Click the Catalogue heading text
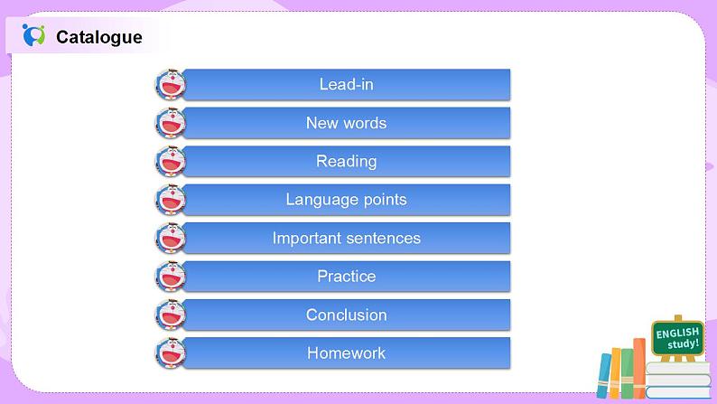tap(98, 37)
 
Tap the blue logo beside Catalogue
tap(34, 36)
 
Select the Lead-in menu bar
tap(346, 84)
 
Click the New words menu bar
tap(346, 123)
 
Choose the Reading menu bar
tap(346, 161)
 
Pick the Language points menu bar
tap(346, 200)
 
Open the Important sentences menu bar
tap(346, 238)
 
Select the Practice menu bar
tap(346, 277)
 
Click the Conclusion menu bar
tap(346, 315)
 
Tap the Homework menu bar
tap(346, 352)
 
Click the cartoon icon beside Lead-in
tap(170, 84)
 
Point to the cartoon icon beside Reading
tap(170, 161)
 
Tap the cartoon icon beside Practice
tap(170, 277)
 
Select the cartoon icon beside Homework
tap(170, 352)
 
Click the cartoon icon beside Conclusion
tap(170, 315)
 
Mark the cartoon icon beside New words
tap(170, 123)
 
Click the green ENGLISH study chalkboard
tap(677, 340)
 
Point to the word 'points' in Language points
tap(384, 200)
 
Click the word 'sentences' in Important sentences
tap(382, 238)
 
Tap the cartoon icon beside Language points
tap(170, 200)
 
